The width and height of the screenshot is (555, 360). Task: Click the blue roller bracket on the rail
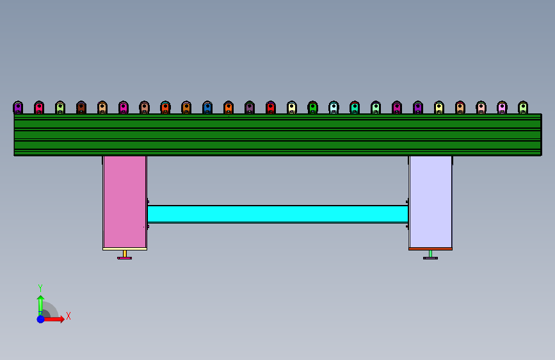[207, 108]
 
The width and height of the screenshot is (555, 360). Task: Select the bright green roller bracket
[312, 108]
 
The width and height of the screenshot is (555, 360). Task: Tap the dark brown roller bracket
[81, 108]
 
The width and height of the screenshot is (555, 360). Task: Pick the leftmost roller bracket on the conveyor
[18, 108]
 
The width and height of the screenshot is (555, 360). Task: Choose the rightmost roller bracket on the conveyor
[523, 108]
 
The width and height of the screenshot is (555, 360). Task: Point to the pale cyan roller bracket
[334, 108]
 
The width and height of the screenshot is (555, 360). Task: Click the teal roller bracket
[355, 108]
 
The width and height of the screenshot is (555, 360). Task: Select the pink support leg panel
[125, 202]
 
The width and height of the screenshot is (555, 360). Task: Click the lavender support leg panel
[430, 202]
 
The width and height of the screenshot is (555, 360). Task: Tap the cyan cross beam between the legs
[278, 214]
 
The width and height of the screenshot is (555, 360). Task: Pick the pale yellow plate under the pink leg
[125, 249]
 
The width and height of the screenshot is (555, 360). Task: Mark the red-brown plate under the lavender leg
[430, 249]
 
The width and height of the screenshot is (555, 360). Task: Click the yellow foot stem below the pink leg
[125, 254]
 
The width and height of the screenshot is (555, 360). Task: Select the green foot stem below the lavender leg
[430, 254]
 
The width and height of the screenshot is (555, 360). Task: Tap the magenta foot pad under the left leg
[125, 258]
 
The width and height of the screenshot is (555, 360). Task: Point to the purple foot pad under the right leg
[430, 258]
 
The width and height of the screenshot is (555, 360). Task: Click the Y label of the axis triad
[40, 288]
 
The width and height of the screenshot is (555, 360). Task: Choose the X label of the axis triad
[68, 316]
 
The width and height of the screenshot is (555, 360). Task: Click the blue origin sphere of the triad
[41, 319]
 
